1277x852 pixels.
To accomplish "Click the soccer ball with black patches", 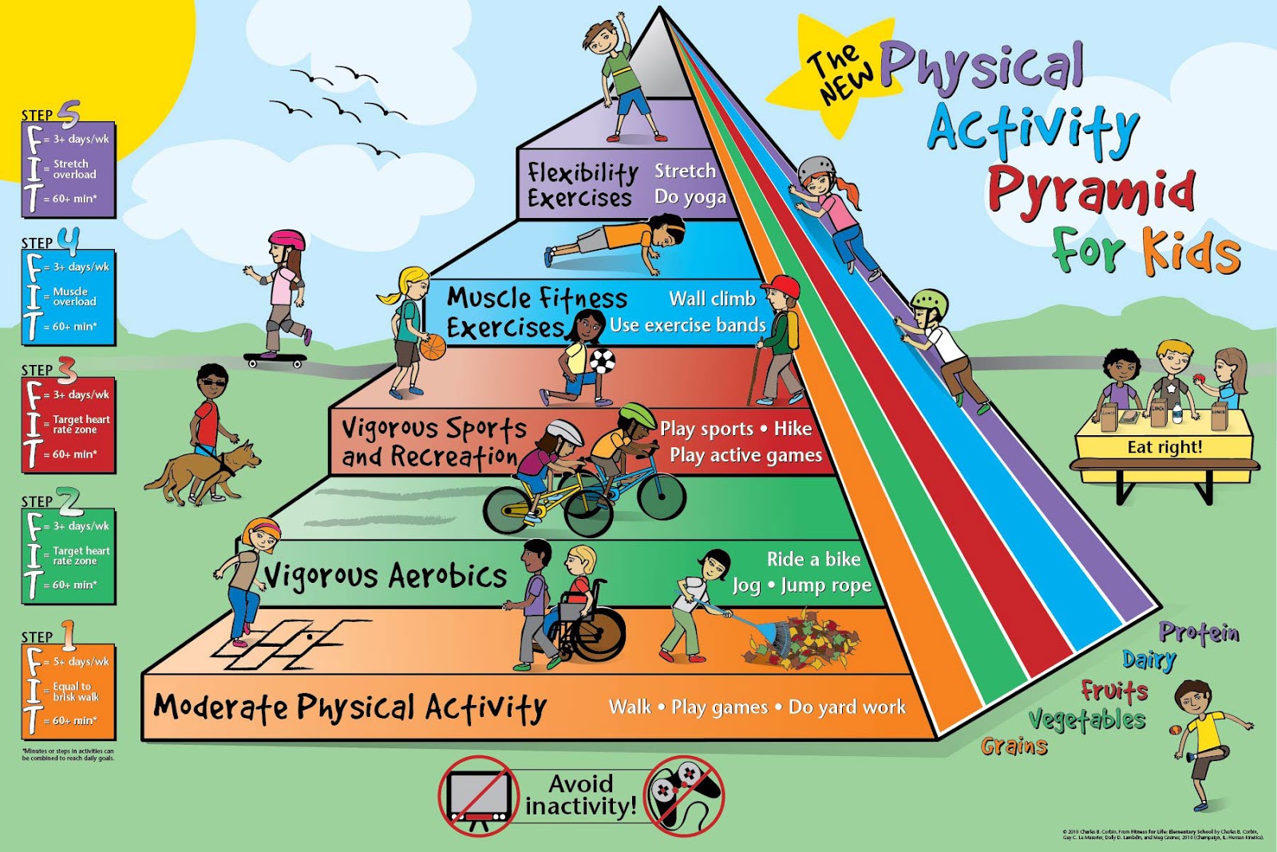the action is [x=603, y=362].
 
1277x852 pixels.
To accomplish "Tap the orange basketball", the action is [x=433, y=347].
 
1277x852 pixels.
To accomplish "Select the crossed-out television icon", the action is [x=477, y=795].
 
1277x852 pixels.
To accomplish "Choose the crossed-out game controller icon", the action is [x=685, y=795].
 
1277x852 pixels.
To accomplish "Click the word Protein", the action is [x=1199, y=632].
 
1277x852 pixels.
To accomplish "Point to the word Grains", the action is [x=1014, y=746].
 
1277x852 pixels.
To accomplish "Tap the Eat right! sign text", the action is [x=1164, y=447].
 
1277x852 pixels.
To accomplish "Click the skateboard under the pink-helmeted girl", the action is [x=275, y=359].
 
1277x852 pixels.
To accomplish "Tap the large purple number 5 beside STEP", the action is [x=69, y=114].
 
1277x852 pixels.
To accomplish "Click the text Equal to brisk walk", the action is [x=76, y=692].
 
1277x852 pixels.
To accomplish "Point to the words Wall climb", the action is [x=712, y=299].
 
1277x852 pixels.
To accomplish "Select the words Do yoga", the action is [x=690, y=196].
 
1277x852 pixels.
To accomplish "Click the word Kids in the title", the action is [x=1192, y=251].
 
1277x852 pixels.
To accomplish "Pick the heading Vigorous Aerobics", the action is [x=385, y=575].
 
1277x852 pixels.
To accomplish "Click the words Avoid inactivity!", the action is [x=580, y=795].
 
